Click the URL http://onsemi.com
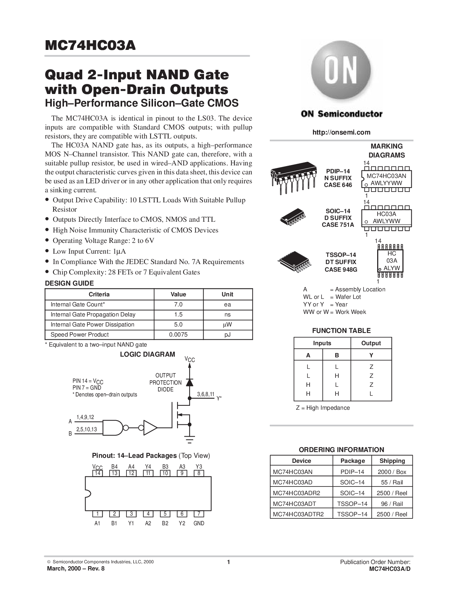tap(341, 132)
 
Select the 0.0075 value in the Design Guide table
tap(178, 335)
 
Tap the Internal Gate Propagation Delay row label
tap(93, 315)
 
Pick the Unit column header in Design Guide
tap(227, 295)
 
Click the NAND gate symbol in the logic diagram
tap(114, 427)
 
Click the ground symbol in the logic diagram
tap(189, 439)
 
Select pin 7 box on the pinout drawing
tap(199, 513)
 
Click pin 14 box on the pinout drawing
tap(97, 473)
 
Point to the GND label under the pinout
tap(199, 523)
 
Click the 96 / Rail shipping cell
tap(392, 504)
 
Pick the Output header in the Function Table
tap(371, 343)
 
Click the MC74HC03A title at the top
tap(90, 46)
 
